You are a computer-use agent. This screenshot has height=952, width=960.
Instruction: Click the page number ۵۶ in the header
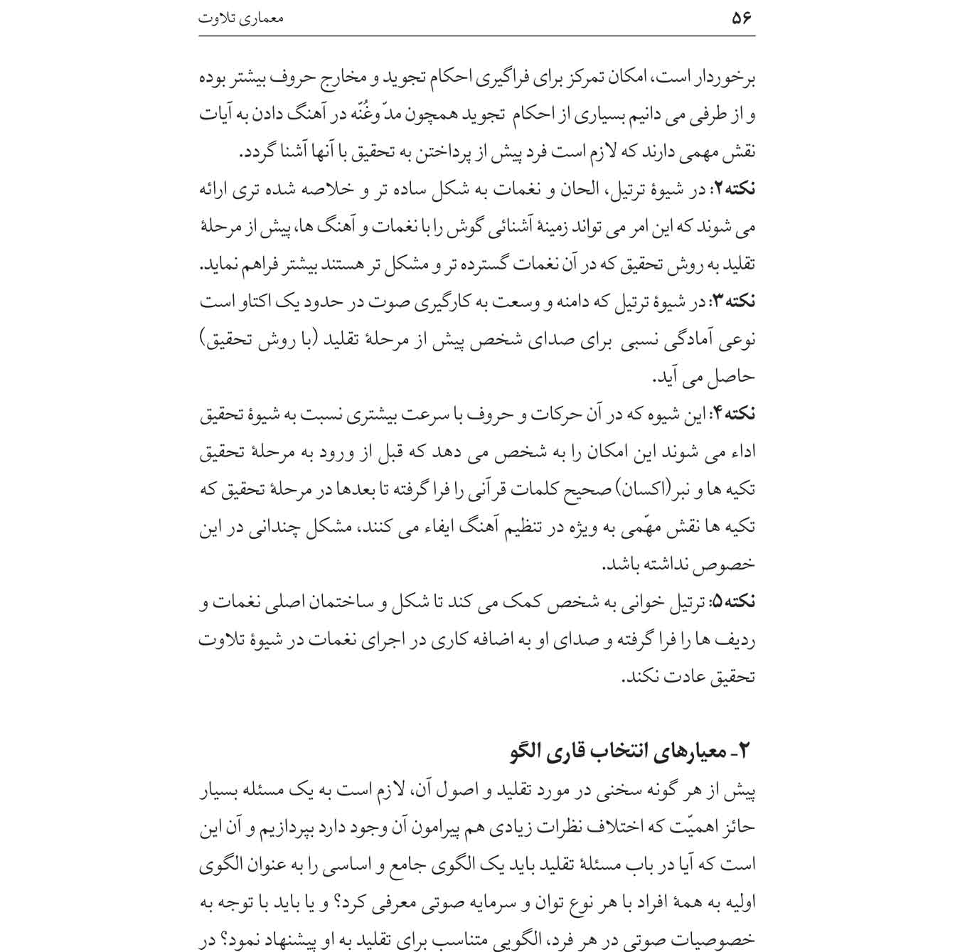(741, 18)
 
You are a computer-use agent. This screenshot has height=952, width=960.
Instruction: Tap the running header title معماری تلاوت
(240, 18)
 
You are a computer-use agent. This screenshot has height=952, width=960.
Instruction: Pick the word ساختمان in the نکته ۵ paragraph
(348, 601)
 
